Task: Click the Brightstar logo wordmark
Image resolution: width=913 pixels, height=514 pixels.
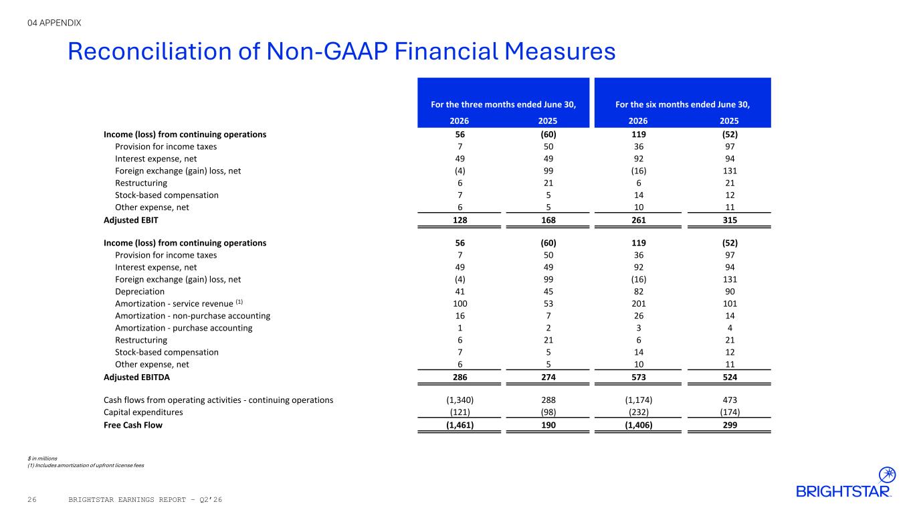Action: click(x=843, y=491)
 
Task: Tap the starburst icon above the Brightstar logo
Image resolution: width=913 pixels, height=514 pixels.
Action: click(x=887, y=475)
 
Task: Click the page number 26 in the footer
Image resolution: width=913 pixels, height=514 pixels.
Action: click(x=32, y=500)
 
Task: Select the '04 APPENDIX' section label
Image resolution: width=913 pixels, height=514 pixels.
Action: click(x=54, y=23)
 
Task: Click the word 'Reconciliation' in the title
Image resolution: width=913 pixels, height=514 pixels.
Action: click(x=150, y=52)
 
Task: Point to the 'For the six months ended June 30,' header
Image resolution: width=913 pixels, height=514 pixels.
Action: click(x=682, y=104)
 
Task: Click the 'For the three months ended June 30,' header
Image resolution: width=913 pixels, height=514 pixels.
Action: click(x=504, y=104)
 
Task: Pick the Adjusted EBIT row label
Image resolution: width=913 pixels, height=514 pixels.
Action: click(x=131, y=220)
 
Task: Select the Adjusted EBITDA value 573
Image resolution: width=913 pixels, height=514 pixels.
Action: click(x=639, y=377)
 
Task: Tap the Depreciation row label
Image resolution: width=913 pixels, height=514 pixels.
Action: click(x=140, y=292)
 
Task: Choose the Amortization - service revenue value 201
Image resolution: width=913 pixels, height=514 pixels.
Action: click(x=639, y=304)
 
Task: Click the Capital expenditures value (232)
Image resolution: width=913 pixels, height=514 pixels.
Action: click(x=639, y=412)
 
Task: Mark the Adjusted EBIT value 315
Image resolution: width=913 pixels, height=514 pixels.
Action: click(x=730, y=220)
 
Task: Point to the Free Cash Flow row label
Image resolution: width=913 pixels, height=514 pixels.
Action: click(x=133, y=425)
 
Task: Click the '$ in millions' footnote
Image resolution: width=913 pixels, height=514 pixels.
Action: click(x=42, y=458)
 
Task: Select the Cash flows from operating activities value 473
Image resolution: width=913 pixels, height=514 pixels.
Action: click(x=730, y=400)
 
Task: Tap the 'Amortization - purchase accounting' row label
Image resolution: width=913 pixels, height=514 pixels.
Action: click(x=183, y=329)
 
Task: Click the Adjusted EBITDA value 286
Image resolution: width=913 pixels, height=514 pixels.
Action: click(x=460, y=377)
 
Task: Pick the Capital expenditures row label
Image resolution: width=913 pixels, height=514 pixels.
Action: click(x=143, y=412)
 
